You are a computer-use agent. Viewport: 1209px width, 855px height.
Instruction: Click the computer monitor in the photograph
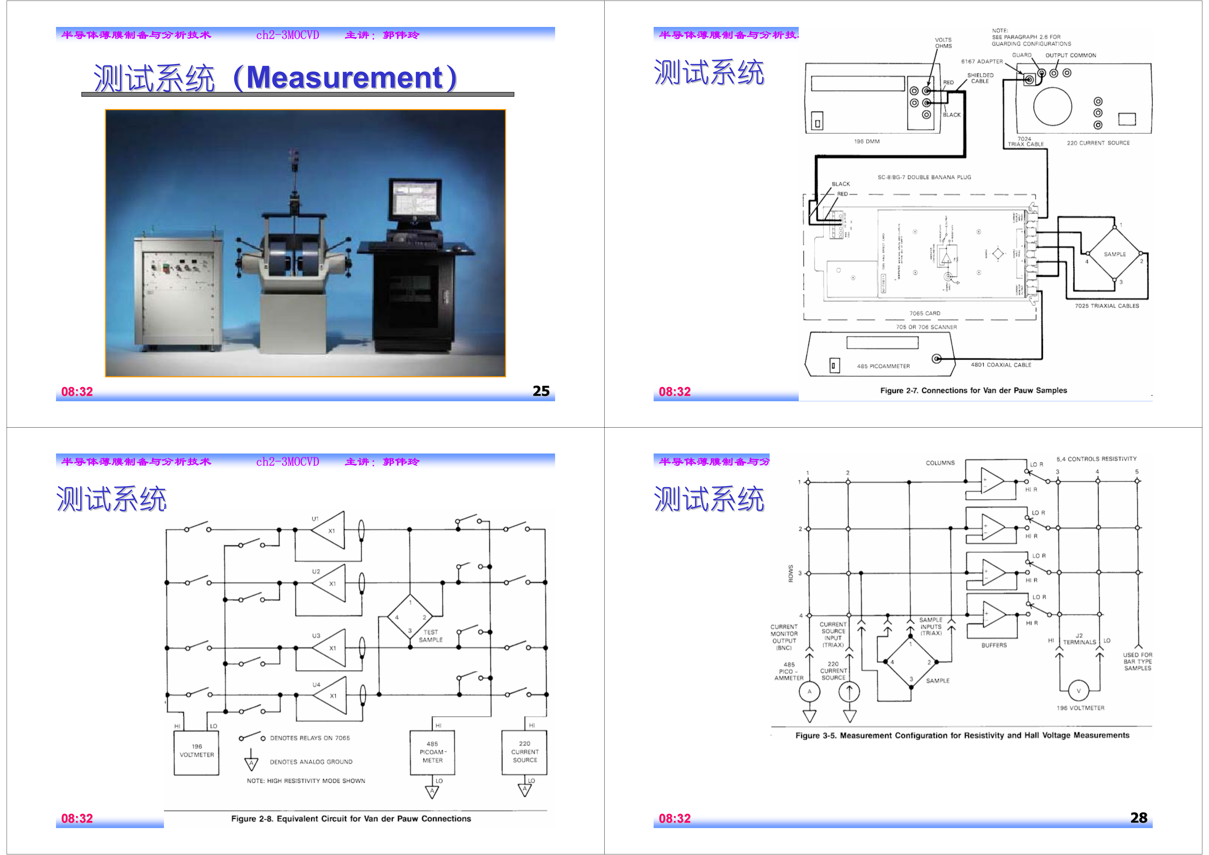pos(414,200)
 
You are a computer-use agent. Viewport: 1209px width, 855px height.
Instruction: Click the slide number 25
pos(541,391)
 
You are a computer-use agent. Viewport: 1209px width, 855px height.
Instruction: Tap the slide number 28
pos(1138,818)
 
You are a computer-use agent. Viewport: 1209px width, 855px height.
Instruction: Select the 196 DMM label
pos(866,141)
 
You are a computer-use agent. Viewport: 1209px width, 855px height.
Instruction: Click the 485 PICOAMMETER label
pos(883,366)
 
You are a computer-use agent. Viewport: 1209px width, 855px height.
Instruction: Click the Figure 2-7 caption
pos(973,390)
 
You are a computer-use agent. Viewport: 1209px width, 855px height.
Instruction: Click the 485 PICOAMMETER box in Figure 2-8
pos(432,752)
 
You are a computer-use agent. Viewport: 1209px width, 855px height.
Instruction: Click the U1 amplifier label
pos(315,519)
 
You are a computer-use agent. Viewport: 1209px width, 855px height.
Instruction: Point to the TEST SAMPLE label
pos(430,636)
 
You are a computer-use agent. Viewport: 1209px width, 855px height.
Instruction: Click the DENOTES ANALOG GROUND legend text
pos(311,762)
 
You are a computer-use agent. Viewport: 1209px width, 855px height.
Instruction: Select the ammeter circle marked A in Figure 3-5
pos(809,692)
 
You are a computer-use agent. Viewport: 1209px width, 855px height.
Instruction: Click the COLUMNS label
pos(940,463)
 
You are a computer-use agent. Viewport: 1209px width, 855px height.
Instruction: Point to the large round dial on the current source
pos(1052,106)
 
